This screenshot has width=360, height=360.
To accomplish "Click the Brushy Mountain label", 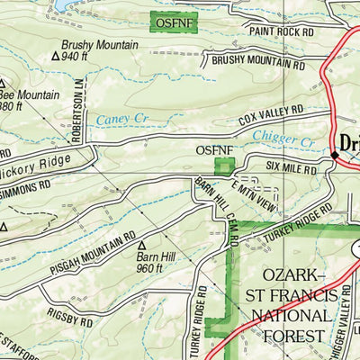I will coord(99,44).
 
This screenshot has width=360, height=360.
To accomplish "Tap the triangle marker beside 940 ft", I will coord(56,56).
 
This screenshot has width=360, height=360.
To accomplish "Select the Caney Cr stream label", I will coord(116,119).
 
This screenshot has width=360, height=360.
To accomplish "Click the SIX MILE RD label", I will coord(292,167).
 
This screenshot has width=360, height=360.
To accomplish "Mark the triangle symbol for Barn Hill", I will coord(140,243).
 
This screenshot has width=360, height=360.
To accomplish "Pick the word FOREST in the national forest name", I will coord(287,336).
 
